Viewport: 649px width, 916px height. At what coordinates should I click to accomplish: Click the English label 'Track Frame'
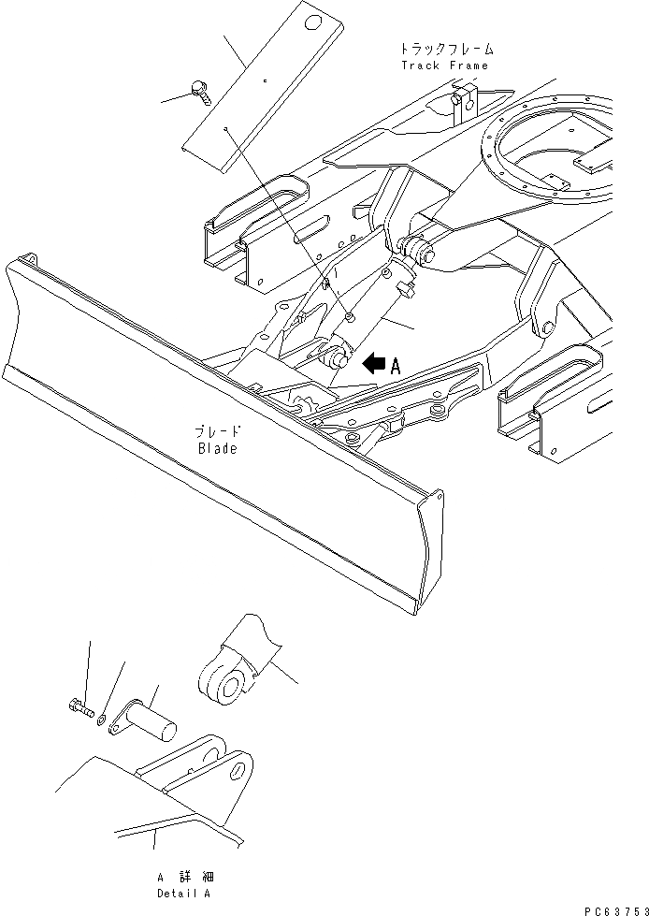point(444,65)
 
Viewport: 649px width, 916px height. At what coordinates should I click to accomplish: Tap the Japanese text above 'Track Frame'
point(445,48)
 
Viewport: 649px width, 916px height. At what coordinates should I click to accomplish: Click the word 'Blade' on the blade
point(218,449)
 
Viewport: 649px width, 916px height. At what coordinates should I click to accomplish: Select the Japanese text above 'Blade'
point(218,433)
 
